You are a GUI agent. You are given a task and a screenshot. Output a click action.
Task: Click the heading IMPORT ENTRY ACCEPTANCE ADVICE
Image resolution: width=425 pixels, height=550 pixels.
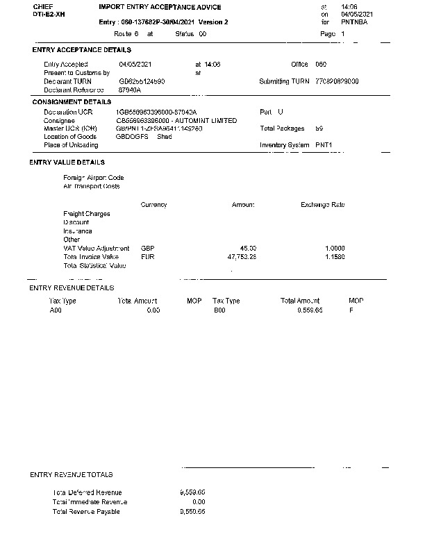[160, 7]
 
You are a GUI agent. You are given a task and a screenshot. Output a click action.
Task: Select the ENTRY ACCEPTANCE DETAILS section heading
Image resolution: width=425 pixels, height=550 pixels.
[82, 50]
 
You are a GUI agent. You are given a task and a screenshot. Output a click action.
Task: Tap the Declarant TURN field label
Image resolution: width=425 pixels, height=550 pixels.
[67, 81]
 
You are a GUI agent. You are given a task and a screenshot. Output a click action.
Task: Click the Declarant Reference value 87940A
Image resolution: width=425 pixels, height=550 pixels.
[130, 90]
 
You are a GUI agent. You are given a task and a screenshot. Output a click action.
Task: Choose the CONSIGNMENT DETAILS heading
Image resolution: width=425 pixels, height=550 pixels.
[72, 102]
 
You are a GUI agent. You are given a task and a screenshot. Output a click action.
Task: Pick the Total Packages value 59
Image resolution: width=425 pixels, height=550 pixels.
[319, 128]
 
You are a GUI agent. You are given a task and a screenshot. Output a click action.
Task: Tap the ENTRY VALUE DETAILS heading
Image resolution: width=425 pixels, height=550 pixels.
[67, 162]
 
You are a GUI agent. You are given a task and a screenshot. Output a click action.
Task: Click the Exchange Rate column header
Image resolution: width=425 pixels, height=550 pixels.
[322, 205]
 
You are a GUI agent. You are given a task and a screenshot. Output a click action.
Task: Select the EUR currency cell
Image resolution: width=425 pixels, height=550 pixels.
[147, 257]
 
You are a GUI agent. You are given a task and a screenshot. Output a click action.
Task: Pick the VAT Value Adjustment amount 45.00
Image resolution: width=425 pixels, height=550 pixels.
[248, 248]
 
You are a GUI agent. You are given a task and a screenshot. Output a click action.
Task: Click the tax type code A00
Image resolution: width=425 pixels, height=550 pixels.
[56, 310]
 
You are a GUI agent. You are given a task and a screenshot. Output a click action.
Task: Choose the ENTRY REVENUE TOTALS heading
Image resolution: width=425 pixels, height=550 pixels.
[72, 475]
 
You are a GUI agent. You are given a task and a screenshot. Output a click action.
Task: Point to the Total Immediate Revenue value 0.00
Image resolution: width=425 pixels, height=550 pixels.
[198, 501]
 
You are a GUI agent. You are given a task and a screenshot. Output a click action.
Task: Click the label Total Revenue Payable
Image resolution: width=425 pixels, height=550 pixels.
[86, 512]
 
